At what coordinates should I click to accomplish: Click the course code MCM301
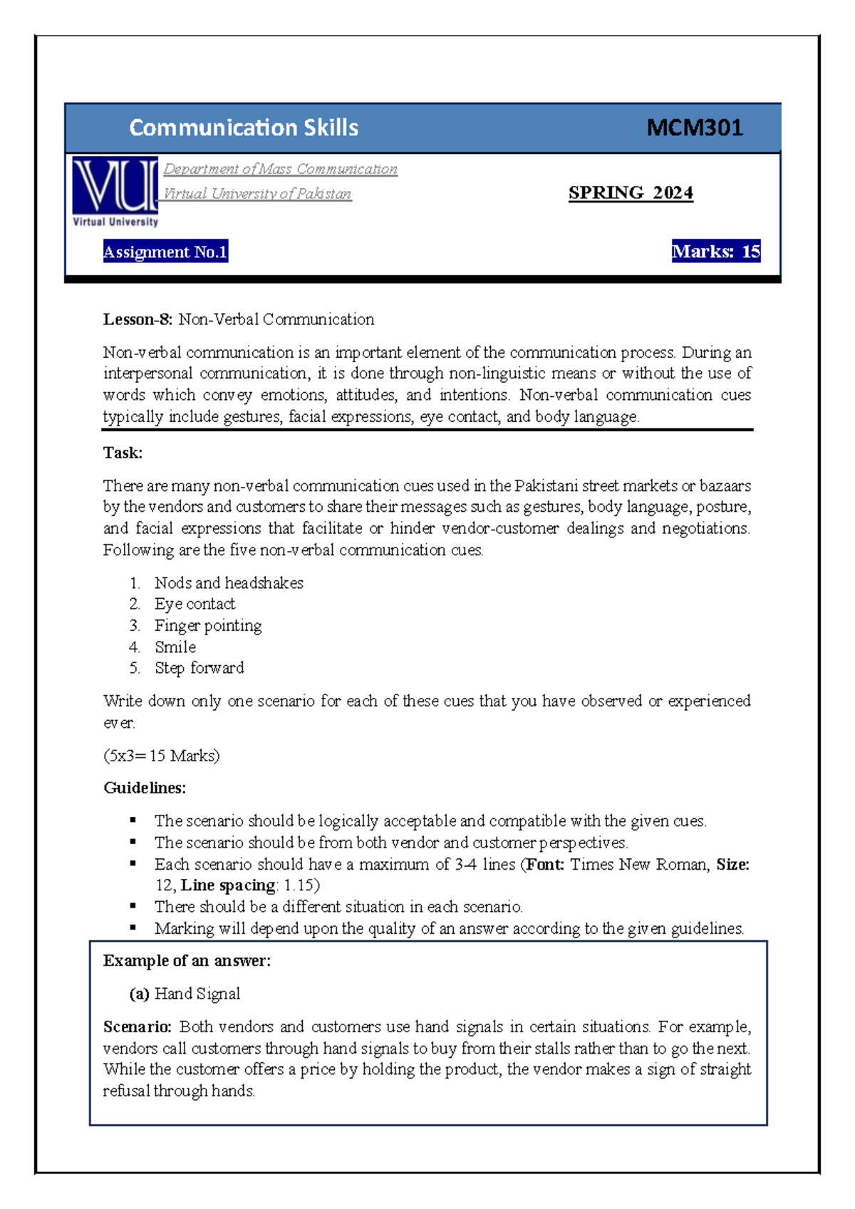[694, 128]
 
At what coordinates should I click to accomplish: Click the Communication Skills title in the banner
[244, 128]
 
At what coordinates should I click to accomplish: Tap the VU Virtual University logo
[115, 191]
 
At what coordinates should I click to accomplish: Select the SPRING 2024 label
[631, 193]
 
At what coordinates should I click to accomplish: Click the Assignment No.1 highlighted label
[165, 252]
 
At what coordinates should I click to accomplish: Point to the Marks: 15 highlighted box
[715, 252]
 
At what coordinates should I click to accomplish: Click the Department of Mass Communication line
[280, 169]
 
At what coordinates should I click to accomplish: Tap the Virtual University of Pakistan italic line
[257, 194]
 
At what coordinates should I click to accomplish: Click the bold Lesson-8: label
[138, 319]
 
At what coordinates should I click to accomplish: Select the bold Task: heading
[123, 453]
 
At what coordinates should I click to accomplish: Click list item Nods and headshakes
[229, 583]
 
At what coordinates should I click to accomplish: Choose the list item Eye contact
[195, 604]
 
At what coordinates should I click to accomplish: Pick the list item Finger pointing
[208, 625]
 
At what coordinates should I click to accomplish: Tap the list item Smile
[175, 647]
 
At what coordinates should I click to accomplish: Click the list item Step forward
[199, 668]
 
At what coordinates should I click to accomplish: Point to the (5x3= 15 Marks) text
[161, 756]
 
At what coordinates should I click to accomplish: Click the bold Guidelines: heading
[145, 788]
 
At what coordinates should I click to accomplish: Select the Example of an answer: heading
[187, 961]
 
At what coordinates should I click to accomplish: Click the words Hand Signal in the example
[197, 994]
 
